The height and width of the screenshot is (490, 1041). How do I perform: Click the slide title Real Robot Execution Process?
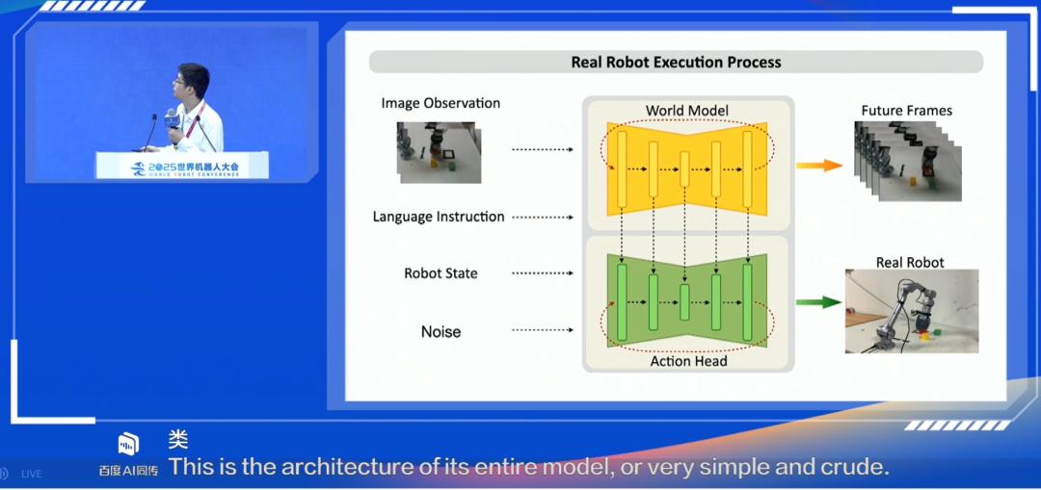pyautogui.click(x=676, y=63)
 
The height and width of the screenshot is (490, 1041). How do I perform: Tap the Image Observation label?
pyautogui.click(x=440, y=103)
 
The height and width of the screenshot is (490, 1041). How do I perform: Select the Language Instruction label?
pyautogui.click(x=439, y=217)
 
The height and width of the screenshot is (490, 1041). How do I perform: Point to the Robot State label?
pyautogui.click(x=440, y=273)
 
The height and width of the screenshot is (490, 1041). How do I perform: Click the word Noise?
pyautogui.click(x=440, y=331)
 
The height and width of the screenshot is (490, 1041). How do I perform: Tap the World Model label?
pyautogui.click(x=686, y=110)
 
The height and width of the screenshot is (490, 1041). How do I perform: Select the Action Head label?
pyautogui.click(x=688, y=361)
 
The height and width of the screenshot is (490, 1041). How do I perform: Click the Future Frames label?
pyautogui.click(x=906, y=111)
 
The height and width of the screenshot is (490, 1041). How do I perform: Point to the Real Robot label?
pyautogui.click(x=910, y=263)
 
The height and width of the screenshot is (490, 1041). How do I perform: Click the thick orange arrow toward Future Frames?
pyautogui.click(x=819, y=166)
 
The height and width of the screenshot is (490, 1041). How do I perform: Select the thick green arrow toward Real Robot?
pyautogui.click(x=818, y=302)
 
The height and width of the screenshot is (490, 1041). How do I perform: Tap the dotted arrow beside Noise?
pyautogui.click(x=543, y=330)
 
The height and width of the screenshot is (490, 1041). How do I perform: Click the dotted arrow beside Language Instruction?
pyautogui.click(x=543, y=217)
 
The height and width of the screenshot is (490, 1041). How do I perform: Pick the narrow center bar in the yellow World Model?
pyautogui.click(x=684, y=169)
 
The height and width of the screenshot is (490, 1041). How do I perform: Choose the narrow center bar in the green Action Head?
pyautogui.click(x=684, y=302)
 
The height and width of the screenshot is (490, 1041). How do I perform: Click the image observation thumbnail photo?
pyautogui.click(x=440, y=152)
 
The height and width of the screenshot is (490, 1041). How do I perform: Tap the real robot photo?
pyautogui.click(x=912, y=311)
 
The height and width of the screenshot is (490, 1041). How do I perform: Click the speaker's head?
pyautogui.click(x=192, y=82)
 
